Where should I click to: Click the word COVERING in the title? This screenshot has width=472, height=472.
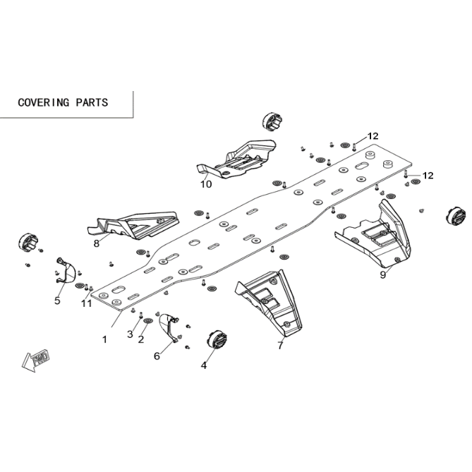point(44,102)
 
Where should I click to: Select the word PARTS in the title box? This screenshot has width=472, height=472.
point(92,102)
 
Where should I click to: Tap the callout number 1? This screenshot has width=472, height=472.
point(104,340)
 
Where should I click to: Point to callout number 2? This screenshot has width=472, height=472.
point(141,339)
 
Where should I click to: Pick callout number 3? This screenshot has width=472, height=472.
point(130,334)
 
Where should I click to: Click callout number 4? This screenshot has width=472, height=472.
point(204,365)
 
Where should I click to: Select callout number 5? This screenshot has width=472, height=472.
point(57,301)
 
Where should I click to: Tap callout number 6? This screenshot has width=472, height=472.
point(157,356)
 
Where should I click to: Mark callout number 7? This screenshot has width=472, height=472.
point(281,345)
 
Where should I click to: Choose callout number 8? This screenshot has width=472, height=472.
point(97,243)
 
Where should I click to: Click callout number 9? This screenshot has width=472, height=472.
point(383,275)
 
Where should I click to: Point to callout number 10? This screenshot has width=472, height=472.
point(206,184)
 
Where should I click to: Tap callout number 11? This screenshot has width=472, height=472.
point(86,303)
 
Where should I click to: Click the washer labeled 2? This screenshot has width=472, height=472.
point(147,320)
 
